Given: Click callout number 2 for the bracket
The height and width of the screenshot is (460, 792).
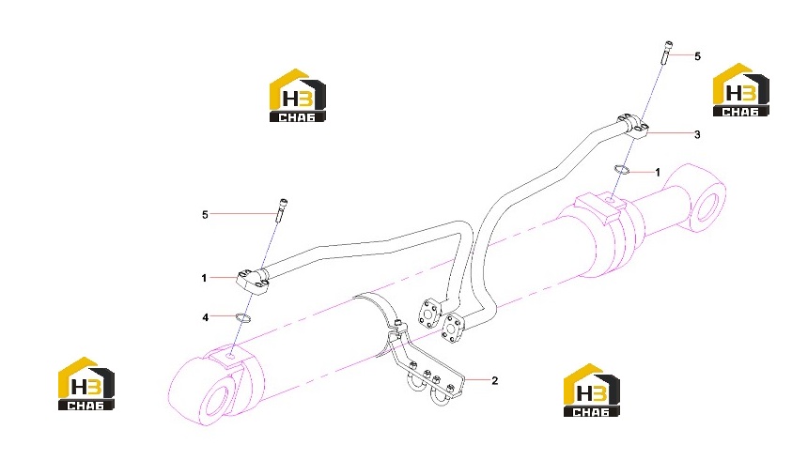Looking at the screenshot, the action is pyautogui.click(x=494, y=380).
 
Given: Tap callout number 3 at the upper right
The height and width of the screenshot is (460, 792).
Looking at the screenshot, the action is pyautogui.click(x=697, y=134).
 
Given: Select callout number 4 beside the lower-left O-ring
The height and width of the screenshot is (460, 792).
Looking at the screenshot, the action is pyautogui.click(x=205, y=317).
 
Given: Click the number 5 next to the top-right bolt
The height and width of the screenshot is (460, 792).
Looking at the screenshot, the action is pyautogui.click(x=697, y=56).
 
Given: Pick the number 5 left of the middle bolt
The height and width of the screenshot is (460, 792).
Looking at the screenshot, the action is pyautogui.click(x=205, y=215).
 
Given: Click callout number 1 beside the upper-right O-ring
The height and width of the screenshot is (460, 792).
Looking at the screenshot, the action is pyautogui.click(x=657, y=173).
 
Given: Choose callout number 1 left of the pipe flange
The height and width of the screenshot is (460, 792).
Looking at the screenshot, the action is pyautogui.click(x=204, y=278).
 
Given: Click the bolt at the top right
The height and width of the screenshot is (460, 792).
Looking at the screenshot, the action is pyautogui.click(x=667, y=53).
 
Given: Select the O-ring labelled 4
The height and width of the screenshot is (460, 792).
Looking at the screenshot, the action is pyautogui.click(x=243, y=318).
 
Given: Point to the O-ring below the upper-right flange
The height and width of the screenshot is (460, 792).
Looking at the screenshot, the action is pyautogui.click(x=621, y=170).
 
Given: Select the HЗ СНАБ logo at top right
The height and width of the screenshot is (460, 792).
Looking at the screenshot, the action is pyautogui.click(x=740, y=90).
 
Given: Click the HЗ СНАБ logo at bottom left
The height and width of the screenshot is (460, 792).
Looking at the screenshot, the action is pyautogui.click(x=85, y=383).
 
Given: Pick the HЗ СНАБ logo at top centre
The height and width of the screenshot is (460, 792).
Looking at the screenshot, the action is pyautogui.click(x=298, y=96).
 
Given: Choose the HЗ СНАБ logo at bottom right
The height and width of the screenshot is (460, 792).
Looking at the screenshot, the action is pyautogui.click(x=592, y=390).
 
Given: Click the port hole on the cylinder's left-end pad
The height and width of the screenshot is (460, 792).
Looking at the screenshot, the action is pyautogui.click(x=230, y=357).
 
